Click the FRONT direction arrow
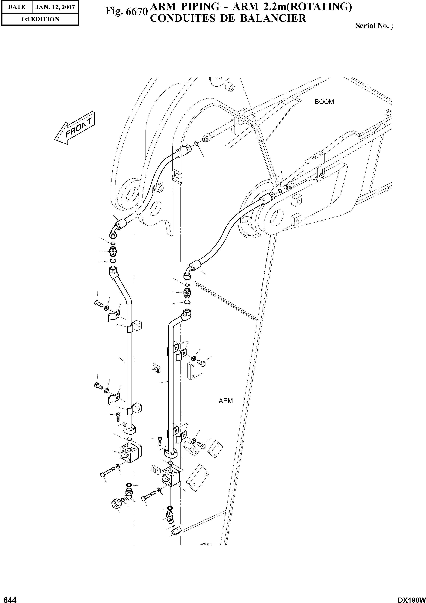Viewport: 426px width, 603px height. click(75, 129)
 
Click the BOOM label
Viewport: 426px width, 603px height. click(324, 102)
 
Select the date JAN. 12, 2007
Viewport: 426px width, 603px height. click(55, 7)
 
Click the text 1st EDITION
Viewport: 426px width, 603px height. click(40, 19)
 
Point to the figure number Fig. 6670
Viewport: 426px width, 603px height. click(126, 11)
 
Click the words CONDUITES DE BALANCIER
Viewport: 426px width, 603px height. click(228, 18)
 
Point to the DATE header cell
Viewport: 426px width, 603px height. click(16, 7)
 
